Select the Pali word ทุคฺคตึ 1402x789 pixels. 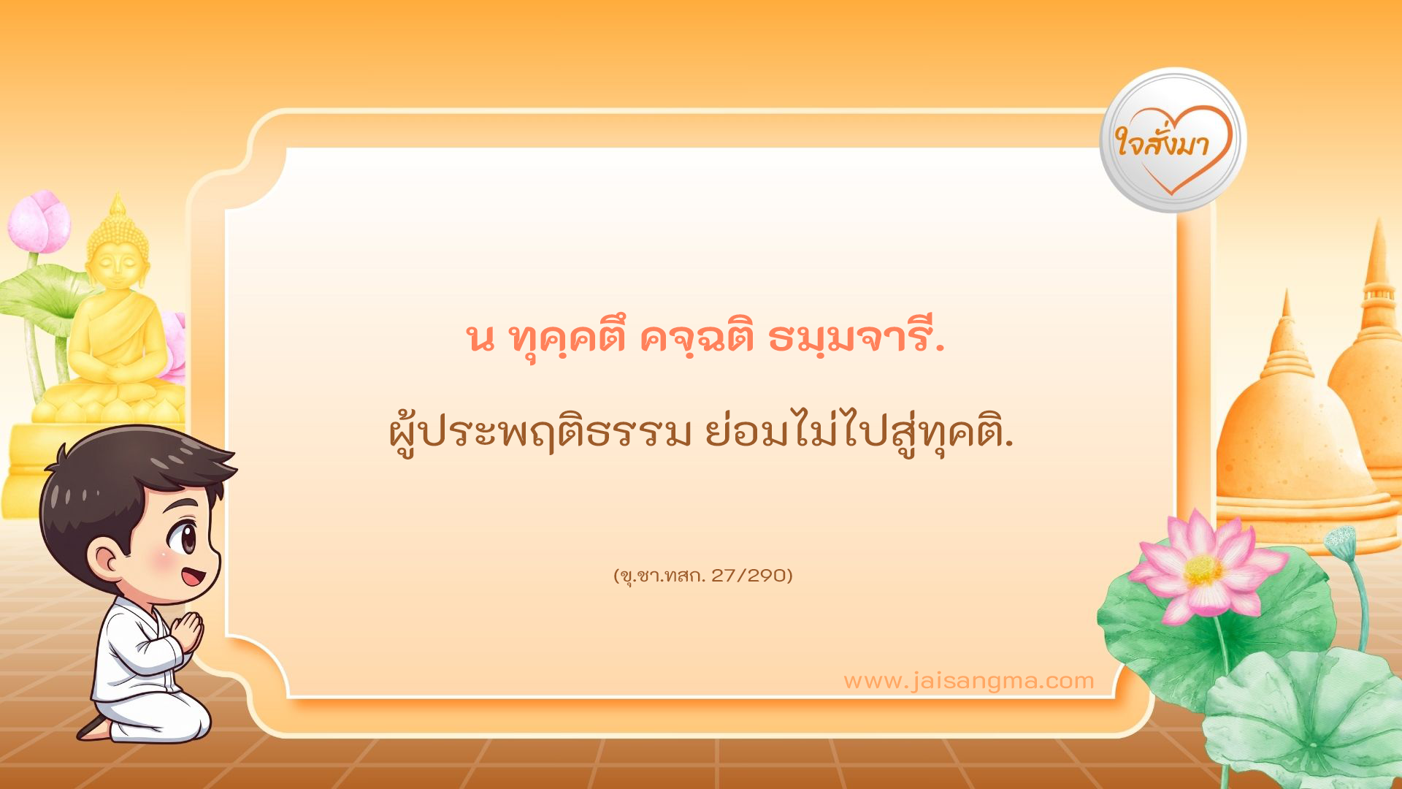tap(566, 340)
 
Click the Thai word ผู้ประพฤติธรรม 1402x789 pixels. tap(540, 435)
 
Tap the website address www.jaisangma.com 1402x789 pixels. tap(968, 681)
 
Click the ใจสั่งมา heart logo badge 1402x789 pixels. tap(1172, 141)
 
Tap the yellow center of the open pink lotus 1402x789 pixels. tap(1203, 569)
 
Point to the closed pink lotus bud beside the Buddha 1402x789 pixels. tap(40, 221)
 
